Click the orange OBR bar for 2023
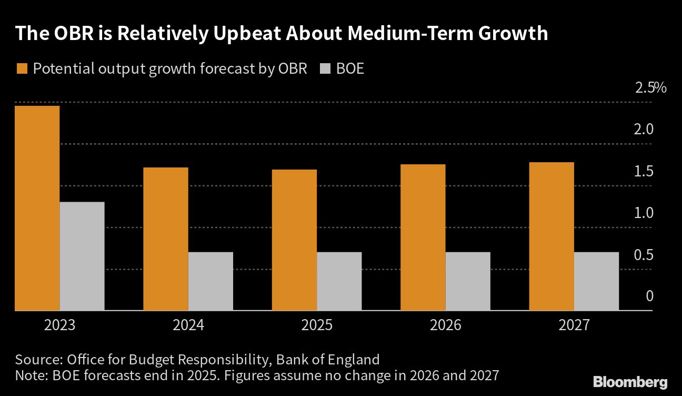pyautogui.click(x=37, y=208)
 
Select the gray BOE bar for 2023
pyautogui.click(x=82, y=256)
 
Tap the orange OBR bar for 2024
pyautogui.click(x=166, y=239)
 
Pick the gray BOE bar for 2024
pyautogui.click(x=210, y=281)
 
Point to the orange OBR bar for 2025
pyautogui.click(x=294, y=240)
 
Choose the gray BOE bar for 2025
pyautogui.click(x=339, y=281)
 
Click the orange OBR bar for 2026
pyautogui.click(x=423, y=237)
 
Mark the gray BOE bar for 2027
pyautogui.click(x=596, y=281)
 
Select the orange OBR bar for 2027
pyautogui.click(x=551, y=236)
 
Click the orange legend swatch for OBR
pyautogui.click(x=22, y=69)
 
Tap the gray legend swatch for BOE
pyautogui.click(x=325, y=69)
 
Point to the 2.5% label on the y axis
pyautogui.click(x=650, y=87)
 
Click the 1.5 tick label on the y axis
pyautogui.click(x=643, y=171)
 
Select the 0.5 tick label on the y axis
pyautogui.click(x=643, y=255)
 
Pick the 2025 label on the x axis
pyautogui.click(x=316, y=325)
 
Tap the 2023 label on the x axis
pyautogui.click(x=59, y=325)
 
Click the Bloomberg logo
pyautogui.click(x=630, y=382)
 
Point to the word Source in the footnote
pyautogui.click(x=38, y=360)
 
